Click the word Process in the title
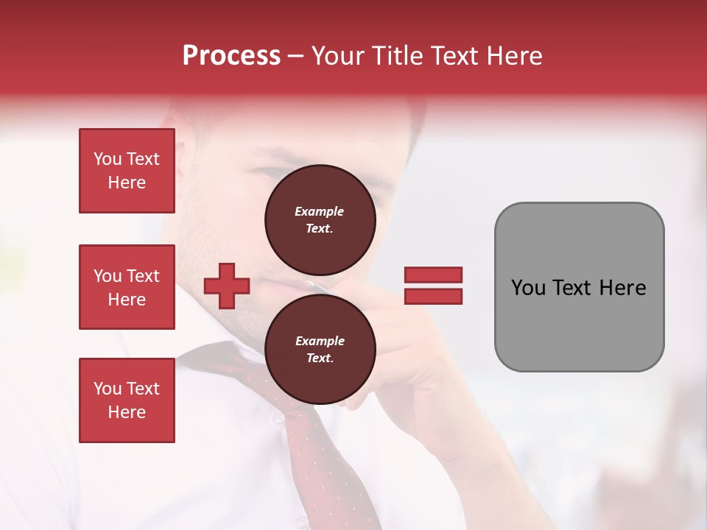(x=231, y=56)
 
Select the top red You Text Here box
(x=127, y=171)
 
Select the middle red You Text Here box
(x=127, y=287)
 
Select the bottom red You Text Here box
(x=127, y=400)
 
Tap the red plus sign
(x=226, y=286)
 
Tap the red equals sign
(x=433, y=286)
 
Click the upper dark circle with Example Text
(x=320, y=220)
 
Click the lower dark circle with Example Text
(x=320, y=350)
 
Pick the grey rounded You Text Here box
(x=579, y=287)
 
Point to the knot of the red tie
(x=243, y=368)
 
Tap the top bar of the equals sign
(x=433, y=275)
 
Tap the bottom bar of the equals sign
(x=433, y=296)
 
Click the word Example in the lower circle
(x=320, y=341)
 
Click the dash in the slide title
(x=295, y=57)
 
